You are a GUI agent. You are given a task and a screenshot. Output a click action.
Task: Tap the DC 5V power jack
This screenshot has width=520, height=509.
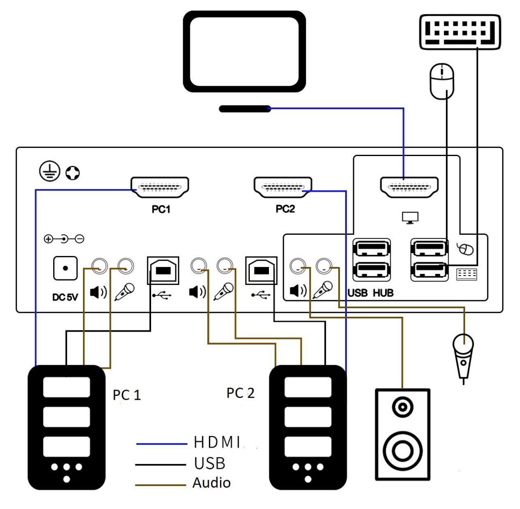[x=65, y=268]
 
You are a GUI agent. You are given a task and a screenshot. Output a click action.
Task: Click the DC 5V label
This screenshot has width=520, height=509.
[x=65, y=297]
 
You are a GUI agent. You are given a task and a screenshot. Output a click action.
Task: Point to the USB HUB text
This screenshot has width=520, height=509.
[x=370, y=293]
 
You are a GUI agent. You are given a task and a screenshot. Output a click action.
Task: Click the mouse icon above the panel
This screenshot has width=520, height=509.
[x=442, y=81]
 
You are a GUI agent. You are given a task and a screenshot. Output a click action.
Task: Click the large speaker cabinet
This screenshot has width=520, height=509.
[x=402, y=434]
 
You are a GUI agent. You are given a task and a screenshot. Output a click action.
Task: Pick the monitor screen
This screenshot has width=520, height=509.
[x=244, y=51]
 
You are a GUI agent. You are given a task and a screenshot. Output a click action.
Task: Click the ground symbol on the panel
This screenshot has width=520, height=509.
[x=50, y=171]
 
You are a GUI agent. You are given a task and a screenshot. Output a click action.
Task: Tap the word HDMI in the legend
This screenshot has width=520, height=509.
[x=217, y=443]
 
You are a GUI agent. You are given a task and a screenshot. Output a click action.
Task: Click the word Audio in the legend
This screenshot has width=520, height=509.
[x=211, y=483]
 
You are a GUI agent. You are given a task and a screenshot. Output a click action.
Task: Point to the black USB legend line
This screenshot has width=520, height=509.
[x=160, y=464]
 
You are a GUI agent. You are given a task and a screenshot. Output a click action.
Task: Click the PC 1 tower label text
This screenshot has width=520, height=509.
[x=126, y=395]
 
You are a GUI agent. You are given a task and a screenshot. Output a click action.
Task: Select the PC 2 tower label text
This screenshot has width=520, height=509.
[x=240, y=393]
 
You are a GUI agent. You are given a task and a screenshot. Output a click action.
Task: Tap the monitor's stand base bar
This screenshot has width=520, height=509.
[x=245, y=109]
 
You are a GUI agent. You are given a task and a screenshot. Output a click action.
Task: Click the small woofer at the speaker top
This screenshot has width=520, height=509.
[x=402, y=407]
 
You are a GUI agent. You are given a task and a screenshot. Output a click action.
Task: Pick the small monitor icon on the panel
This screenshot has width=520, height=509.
[x=410, y=218]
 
